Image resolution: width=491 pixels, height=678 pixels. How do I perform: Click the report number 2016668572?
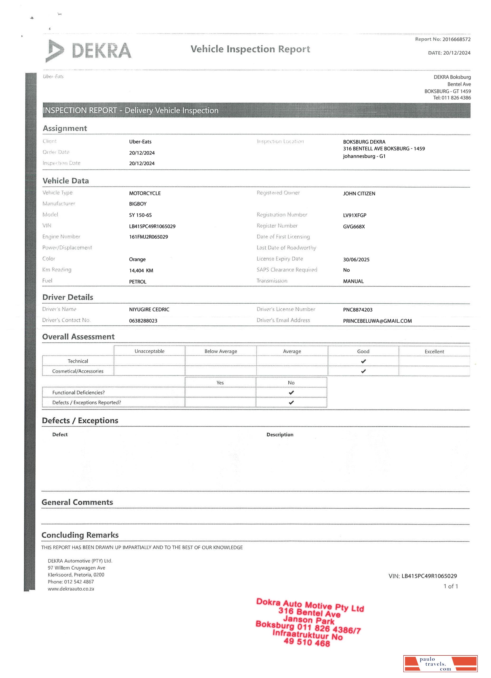[x=456, y=39]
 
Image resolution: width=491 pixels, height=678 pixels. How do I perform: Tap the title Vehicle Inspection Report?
[x=250, y=49]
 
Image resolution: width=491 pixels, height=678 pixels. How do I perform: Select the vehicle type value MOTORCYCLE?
[x=145, y=193]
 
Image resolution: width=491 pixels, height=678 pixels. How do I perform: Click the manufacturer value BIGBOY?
[x=138, y=204]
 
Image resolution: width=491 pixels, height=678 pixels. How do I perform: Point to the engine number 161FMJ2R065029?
[x=148, y=237]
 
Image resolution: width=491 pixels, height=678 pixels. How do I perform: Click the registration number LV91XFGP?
[x=354, y=215]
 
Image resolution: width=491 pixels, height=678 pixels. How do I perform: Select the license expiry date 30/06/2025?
[x=356, y=259]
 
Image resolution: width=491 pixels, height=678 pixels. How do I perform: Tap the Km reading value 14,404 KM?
[x=141, y=271]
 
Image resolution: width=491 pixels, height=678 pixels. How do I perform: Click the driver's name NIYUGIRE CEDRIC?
[x=149, y=309]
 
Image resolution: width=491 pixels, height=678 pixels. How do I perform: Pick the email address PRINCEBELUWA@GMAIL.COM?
[x=377, y=321]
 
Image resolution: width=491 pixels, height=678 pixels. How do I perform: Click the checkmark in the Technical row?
[x=363, y=361]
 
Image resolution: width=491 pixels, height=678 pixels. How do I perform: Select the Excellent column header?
[x=434, y=352]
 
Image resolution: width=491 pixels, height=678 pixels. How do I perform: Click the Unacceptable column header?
[x=149, y=351]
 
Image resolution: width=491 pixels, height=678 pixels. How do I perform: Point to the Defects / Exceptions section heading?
[x=80, y=421]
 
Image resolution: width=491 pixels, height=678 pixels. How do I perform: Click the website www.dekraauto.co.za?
[x=71, y=589]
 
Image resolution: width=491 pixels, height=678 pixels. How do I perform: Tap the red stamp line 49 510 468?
[x=307, y=642]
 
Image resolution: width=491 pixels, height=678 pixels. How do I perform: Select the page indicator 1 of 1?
[x=451, y=586]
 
